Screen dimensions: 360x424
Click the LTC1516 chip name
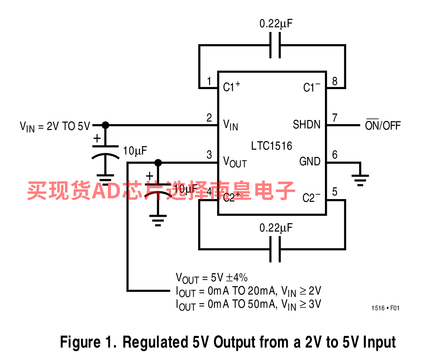click(x=272, y=145)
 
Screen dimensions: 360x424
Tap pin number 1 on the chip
click(x=209, y=81)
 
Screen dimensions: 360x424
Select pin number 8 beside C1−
click(x=335, y=81)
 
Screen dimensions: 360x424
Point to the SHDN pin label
click(x=307, y=125)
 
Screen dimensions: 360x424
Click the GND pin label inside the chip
click(x=310, y=162)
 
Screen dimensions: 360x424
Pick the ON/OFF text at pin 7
click(x=383, y=125)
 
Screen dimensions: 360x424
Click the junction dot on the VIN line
click(x=105, y=125)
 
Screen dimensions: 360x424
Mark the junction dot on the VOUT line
click(x=158, y=163)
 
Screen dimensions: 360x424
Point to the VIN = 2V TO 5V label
click(x=55, y=126)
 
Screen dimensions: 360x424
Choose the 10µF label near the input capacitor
click(x=135, y=151)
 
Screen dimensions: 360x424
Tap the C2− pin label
click(x=312, y=197)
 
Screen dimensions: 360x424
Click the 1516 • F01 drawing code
click(x=385, y=308)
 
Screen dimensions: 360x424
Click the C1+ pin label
click(x=232, y=87)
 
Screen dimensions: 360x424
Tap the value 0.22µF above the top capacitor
click(x=276, y=24)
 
